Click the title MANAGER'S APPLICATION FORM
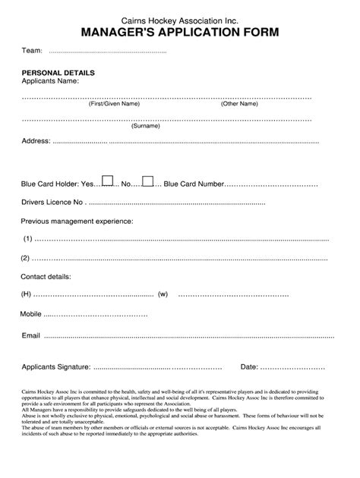pyautogui.click(x=179, y=33)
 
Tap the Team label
pyautogui.click(x=31, y=50)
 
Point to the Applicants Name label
pyautogui.click(x=50, y=81)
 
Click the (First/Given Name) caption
pyautogui.click(x=114, y=104)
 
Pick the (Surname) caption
pyautogui.click(x=145, y=126)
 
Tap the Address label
pyautogui.click(x=36, y=141)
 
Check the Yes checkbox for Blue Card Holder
pyautogui.click(x=108, y=181)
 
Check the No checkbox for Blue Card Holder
pyautogui.click(x=148, y=181)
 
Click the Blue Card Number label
pyautogui.click(x=194, y=184)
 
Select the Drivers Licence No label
pyautogui.click(x=52, y=203)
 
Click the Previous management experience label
pyautogui.click(x=77, y=221)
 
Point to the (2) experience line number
pyautogui.click(x=27, y=257)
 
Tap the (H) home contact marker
pyautogui.click(x=27, y=294)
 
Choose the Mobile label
pyautogui.click(x=31, y=313)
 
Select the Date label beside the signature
pyautogui.click(x=249, y=366)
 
